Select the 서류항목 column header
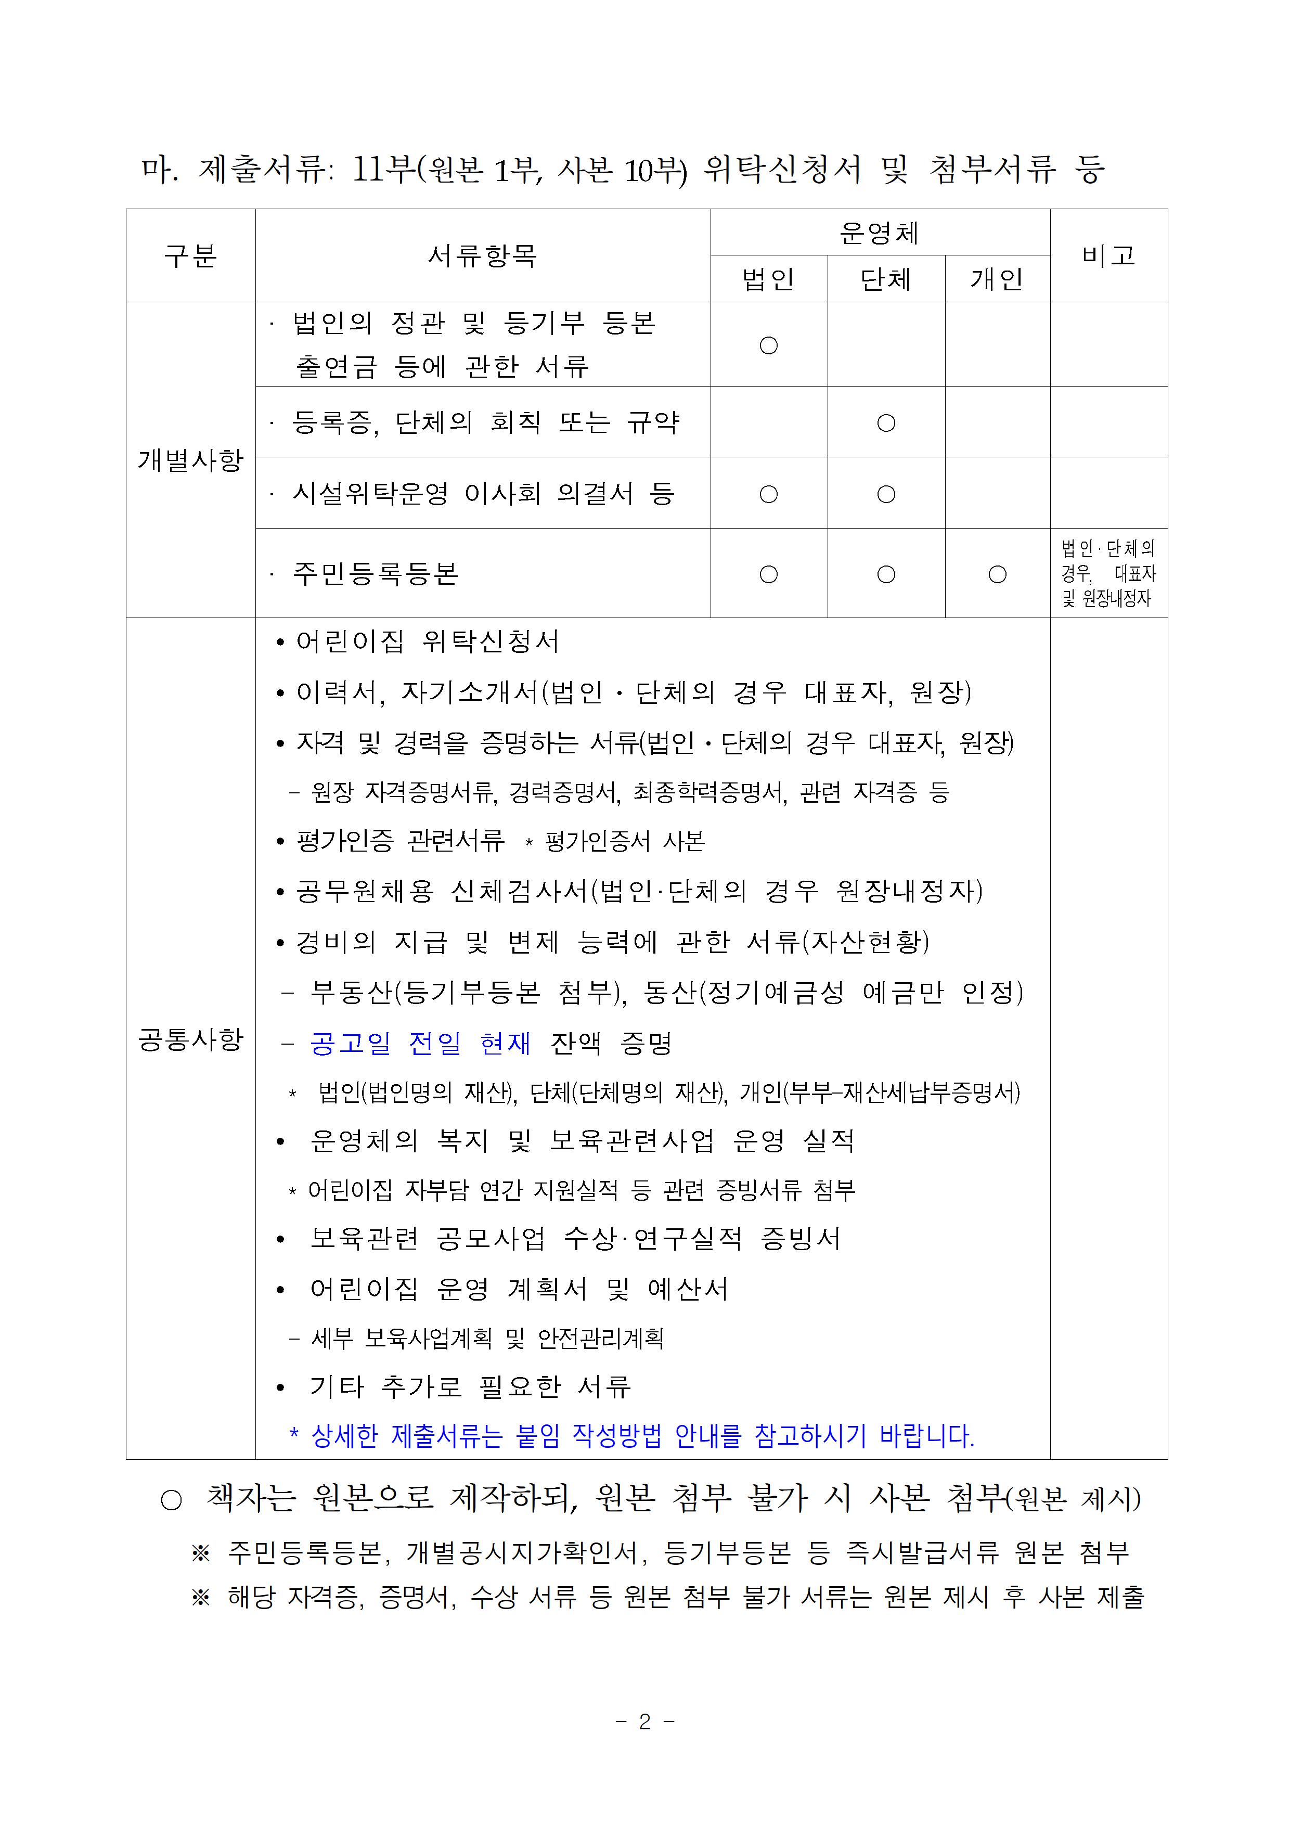483,256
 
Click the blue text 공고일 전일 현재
420,1043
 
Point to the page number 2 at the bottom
644,1721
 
